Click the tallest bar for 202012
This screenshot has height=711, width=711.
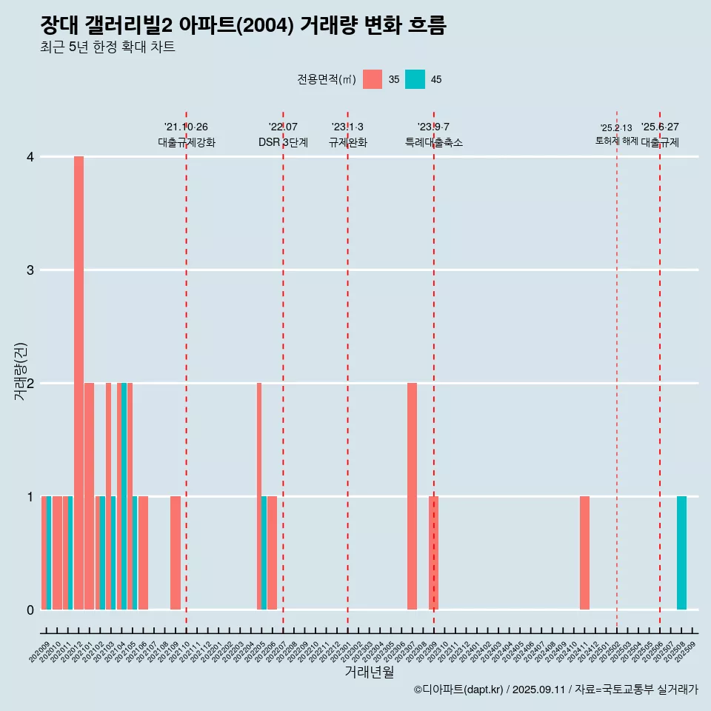(x=79, y=383)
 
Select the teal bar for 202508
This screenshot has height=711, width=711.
(x=681, y=553)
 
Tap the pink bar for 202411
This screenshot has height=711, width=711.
(x=584, y=553)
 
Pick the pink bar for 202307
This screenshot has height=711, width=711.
(x=412, y=496)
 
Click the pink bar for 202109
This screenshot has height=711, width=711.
(x=176, y=553)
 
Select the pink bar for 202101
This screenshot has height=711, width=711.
(x=89, y=496)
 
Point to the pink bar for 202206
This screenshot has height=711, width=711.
(x=272, y=553)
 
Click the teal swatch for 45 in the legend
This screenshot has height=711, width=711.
(x=415, y=79)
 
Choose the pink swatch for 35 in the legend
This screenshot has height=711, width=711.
(x=373, y=79)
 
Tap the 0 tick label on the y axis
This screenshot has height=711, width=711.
(x=30, y=610)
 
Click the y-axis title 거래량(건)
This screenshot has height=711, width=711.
(x=21, y=371)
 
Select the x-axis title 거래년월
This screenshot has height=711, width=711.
(x=369, y=672)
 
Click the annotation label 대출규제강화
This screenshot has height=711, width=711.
(x=187, y=142)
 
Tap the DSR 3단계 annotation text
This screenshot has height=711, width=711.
(x=283, y=142)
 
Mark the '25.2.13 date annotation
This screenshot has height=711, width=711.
(x=616, y=128)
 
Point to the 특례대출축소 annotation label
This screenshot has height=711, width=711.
(x=434, y=142)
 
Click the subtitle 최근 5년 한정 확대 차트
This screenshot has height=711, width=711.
(x=108, y=47)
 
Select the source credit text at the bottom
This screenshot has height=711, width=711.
(x=555, y=690)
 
